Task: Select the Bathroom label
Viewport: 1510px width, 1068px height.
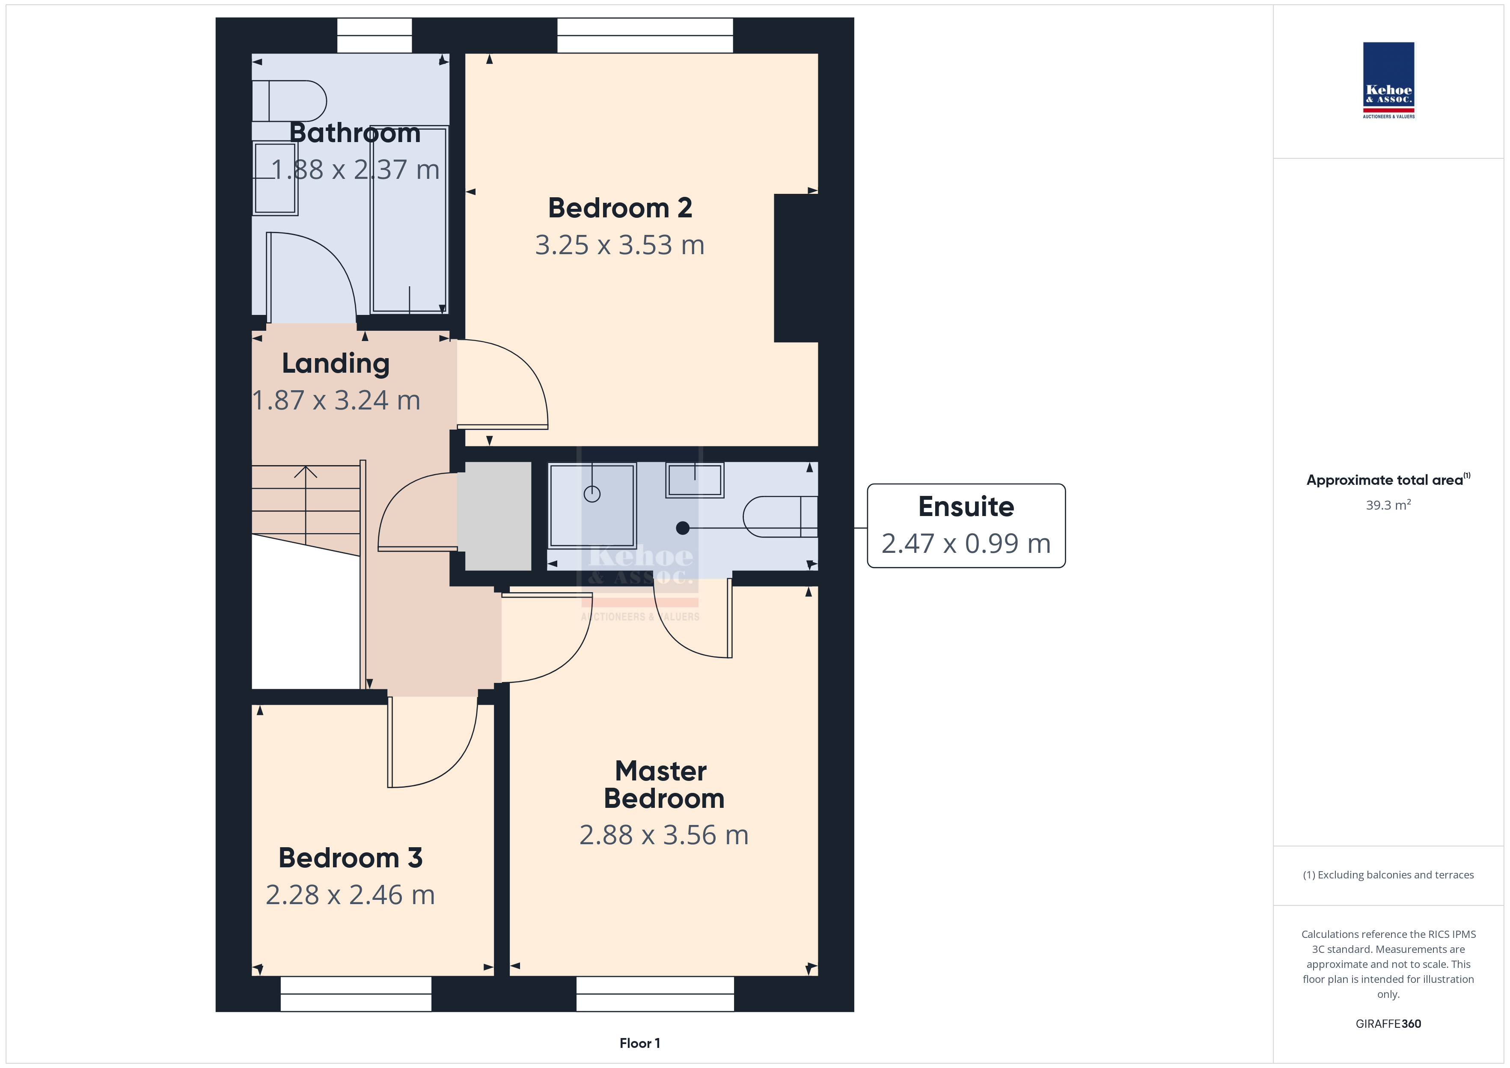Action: pyautogui.click(x=355, y=133)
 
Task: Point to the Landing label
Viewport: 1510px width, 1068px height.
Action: pyautogui.click(x=336, y=364)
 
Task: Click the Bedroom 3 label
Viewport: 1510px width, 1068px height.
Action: pyautogui.click(x=351, y=857)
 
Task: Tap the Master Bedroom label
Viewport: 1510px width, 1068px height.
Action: pyautogui.click(x=663, y=785)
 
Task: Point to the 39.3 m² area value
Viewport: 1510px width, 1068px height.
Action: pyautogui.click(x=1388, y=505)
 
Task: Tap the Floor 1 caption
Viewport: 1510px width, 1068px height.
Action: pyautogui.click(x=639, y=1043)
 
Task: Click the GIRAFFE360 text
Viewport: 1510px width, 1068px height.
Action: pyautogui.click(x=1388, y=1024)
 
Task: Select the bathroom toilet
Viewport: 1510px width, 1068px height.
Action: pyautogui.click(x=289, y=101)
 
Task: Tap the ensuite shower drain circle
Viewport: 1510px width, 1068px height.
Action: pyautogui.click(x=592, y=494)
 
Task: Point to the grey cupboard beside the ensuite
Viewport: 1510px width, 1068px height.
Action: pyautogui.click(x=498, y=516)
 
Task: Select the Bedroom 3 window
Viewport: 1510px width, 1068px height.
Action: pyautogui.click(x=356, y=994)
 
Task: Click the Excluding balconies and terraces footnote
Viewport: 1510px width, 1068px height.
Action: pyautogui.click(x=1388, y=875)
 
